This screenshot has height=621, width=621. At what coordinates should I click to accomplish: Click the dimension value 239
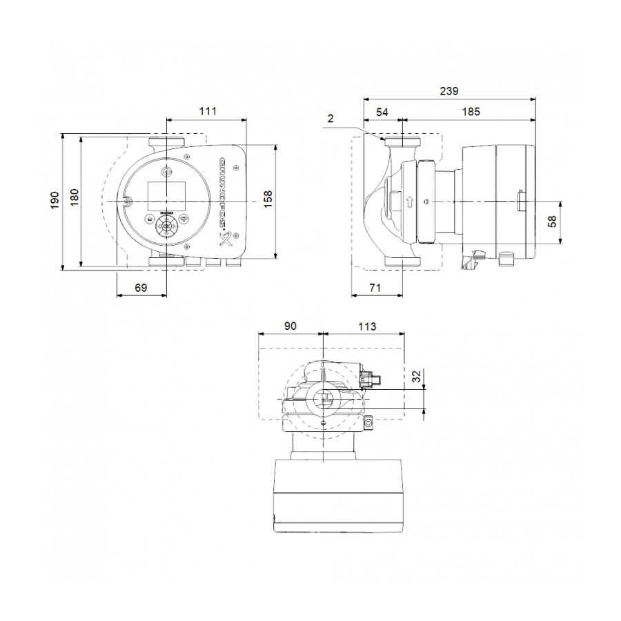pos(448,90)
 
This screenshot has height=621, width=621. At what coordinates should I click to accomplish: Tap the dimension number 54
pos(382,111)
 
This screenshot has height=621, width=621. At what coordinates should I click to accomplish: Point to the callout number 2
pos(331,119)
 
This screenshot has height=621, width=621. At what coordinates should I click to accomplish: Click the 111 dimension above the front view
pos(207,110)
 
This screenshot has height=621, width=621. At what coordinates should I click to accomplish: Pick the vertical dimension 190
pos(55,199)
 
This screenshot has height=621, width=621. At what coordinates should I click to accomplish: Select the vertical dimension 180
pos(74,199)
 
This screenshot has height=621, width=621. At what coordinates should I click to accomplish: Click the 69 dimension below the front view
pos(141,288)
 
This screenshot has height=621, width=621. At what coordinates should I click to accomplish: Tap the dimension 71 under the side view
pos(375,288)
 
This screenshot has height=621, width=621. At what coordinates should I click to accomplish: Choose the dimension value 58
pos(570,221)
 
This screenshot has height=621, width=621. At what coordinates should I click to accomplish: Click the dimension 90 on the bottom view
pos(290,326)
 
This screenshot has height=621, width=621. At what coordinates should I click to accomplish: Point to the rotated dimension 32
pos(416,377)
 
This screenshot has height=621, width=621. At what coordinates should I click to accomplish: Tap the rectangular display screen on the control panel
pos(166,196)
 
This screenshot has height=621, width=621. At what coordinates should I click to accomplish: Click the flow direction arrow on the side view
pos(411,202)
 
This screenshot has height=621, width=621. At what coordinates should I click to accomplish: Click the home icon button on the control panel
pos(148,220)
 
